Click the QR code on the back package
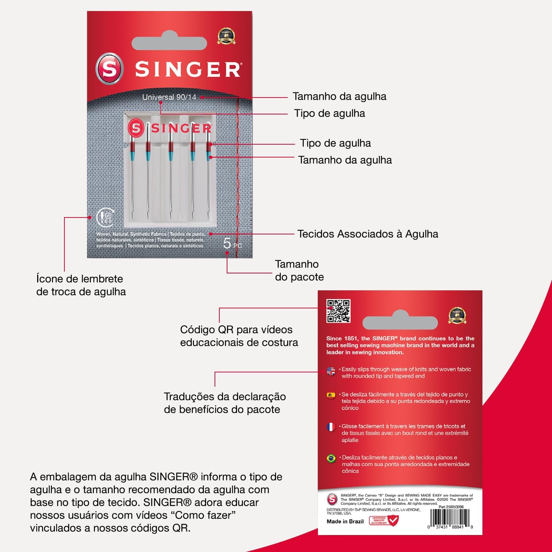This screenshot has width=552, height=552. (x=338, y=311)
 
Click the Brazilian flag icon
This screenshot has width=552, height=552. (x=331, y=459)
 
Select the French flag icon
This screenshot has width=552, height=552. (x=331, y=427)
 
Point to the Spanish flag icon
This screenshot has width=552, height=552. (x=331, y=395)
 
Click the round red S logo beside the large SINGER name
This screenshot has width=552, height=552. (x=109, y=69)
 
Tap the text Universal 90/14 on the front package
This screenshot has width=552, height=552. (x=169, y=97)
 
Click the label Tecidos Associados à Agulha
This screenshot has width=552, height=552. (x=368, y=234)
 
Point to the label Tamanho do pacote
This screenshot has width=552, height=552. (x=299, y=270)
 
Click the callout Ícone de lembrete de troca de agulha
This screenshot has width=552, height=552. (x=81, y=285)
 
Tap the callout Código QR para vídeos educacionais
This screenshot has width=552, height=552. (x=239, y=336)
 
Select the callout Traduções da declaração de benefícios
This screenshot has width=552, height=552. (x=224, y=403)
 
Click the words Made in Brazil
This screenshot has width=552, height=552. (x=345, y=521)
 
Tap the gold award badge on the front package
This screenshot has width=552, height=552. (x=226, y=36)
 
